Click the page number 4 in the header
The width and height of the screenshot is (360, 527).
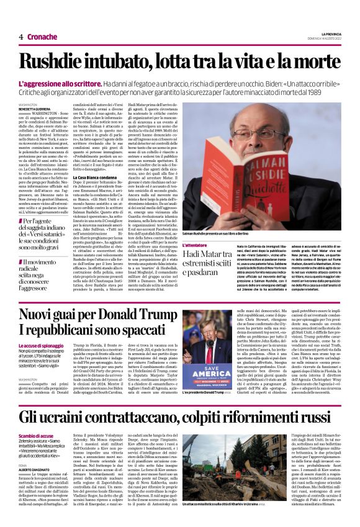point(21,37)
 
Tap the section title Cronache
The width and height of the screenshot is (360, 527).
point(42,37)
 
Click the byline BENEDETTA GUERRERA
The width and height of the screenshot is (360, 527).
point(34,109)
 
